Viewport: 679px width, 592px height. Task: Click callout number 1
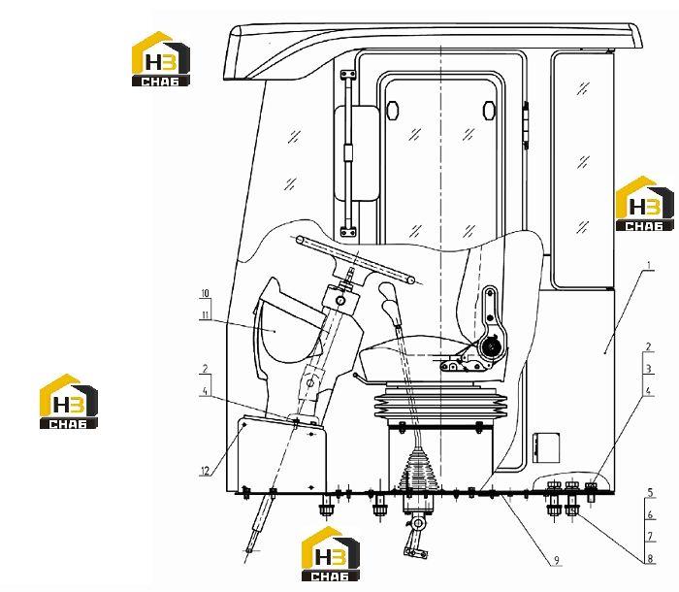pyautogui.click(x=648, y=265)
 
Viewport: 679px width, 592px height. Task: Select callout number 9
pyautogui.click(x=557, y=561)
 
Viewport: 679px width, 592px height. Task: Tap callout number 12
pyautogui.click(x=205, y=471)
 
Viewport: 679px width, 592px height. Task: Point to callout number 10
pyautogui.click(x=205, y=293)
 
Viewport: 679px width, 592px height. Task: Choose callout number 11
pyautogui.click(x=205, y=314)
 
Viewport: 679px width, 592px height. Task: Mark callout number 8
pyautogui.click(x=650, y=559)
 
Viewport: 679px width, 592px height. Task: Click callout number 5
pyautogui.click(x=650, y=492)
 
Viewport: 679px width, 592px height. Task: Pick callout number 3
pyautogui.click(x=648, y=369)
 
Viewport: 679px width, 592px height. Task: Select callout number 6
pyautogui.click(x=650, y=515)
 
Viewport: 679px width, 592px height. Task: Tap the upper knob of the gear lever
pyautogui.click(x=387, y=290)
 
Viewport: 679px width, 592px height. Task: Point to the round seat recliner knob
pyautogui.click(x=492, y=345)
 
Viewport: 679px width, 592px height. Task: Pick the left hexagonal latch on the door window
pyautogui.click(x=392, y=110)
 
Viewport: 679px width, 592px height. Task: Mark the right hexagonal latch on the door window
pyautogui.click(x=489, y=110)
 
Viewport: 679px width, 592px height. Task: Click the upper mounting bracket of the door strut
pyautogui.click(x=348, y=76)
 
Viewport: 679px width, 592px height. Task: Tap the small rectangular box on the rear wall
pyautogui.click(x=546, y=447)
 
